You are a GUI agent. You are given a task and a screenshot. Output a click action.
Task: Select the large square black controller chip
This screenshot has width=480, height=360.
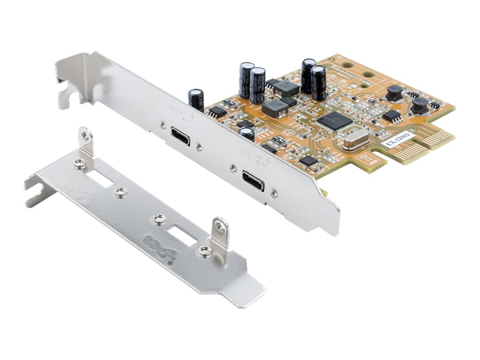[x=334, y=120]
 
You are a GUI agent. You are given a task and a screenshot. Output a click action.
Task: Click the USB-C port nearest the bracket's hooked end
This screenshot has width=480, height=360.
[x=180, y=136]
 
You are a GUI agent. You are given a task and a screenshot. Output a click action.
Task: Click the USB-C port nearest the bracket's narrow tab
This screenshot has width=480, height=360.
[x=253, y=179]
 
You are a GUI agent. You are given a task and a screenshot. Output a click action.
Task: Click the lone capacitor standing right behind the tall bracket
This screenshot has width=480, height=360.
[x=196, y=99]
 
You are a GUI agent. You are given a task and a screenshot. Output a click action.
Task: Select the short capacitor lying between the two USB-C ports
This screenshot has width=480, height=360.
[x=247, y=134]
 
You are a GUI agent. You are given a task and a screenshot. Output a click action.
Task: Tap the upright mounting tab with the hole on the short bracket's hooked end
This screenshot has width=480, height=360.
[x=85, y=142]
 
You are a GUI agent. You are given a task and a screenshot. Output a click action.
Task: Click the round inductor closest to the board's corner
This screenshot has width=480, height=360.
[x=420, y=107]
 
